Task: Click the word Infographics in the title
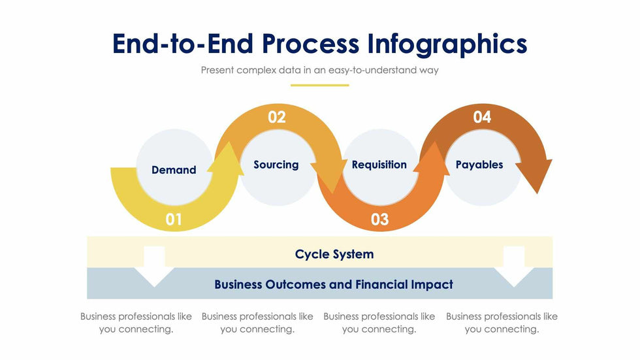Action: (447, 44)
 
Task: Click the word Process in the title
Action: (310, 44)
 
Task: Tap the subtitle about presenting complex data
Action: (319, 70)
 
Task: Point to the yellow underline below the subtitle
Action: (319, 86)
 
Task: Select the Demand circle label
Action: (174, 170)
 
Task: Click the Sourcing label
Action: (276, 165)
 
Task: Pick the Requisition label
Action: (379, 165)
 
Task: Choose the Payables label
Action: (479, 165)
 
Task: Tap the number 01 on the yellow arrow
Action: (174, 220)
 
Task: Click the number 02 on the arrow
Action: (277, 117)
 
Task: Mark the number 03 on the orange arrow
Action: (379, 220)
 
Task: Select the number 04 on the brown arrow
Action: (482, 117)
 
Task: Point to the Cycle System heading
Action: (334, 254)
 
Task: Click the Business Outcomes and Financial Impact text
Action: (334, 284)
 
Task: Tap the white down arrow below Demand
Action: (154, 267)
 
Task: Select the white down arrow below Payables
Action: (514, 267)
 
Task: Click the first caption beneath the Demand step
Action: (136, 323)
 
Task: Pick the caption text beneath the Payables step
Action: (502, 323)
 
